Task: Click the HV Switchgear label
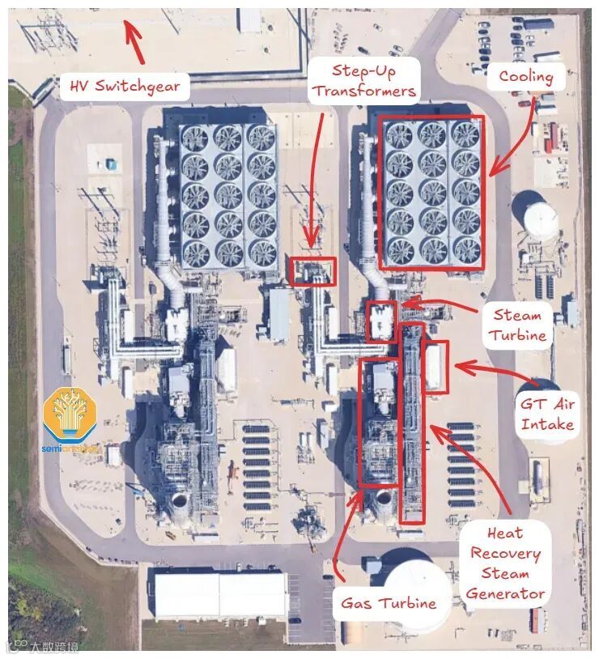pos(125,85)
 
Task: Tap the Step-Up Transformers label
pos(364,79)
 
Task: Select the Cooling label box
pos(525,78)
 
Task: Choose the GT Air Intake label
pos(547,414)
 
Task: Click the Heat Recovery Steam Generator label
pos(505,563)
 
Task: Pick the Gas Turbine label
pos(389,602)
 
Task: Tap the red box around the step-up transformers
pos(312,270)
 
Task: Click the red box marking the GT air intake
pos(435,367)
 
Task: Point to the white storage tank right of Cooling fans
pos(539,216)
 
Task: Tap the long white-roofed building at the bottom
pos(219,595)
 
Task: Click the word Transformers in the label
pos(364,90)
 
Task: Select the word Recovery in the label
pos(505,554)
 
